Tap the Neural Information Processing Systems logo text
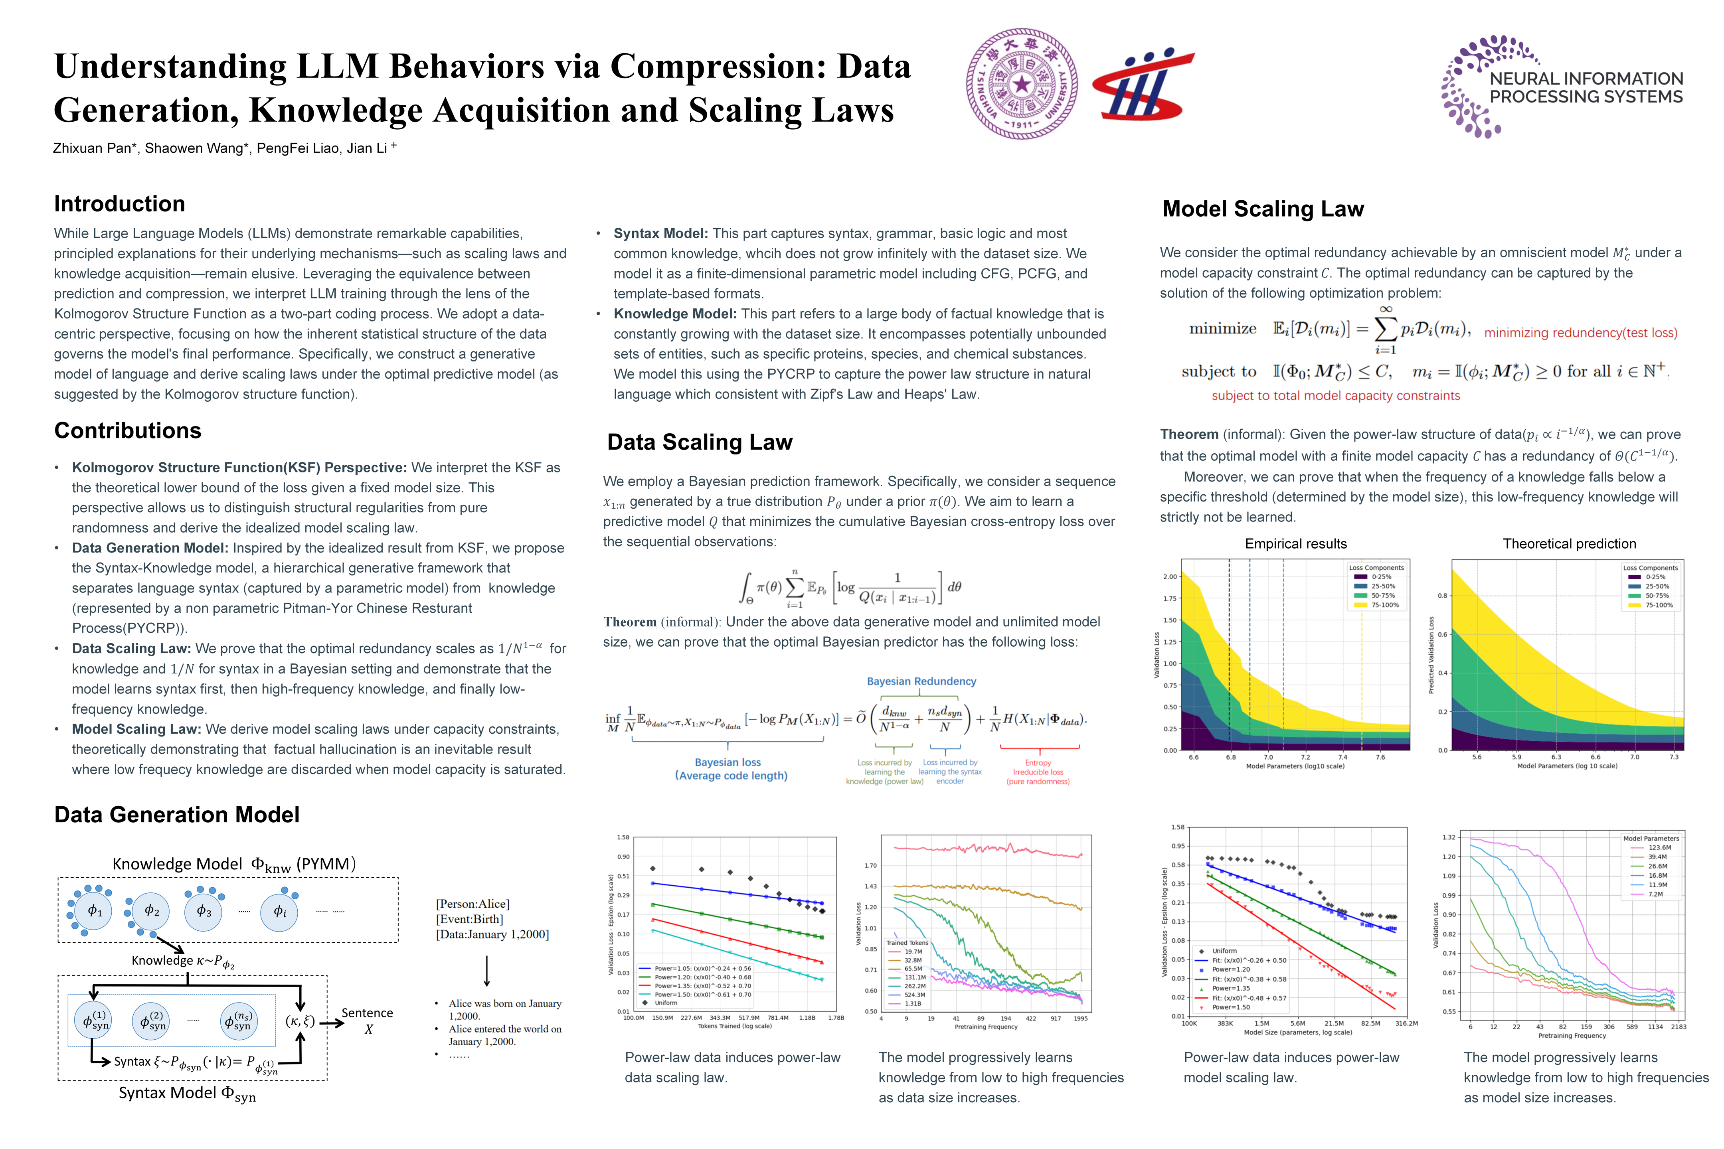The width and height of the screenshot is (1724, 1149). click(x=1586, y=88)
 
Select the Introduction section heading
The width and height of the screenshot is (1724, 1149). click(x=119, y=204)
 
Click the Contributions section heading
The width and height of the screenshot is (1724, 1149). click(x=128, y=430)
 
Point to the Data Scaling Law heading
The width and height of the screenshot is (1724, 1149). click(x=699, y=442)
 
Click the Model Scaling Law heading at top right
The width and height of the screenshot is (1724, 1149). click(x=1263, y=209)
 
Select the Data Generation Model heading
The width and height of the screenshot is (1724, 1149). click(x=177, y=814)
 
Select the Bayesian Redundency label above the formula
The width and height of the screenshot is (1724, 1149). click(x=921, y=681)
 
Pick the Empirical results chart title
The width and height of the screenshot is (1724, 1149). click(x=1295, y=544)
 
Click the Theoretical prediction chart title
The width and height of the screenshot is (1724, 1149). click(x=1569, y=544)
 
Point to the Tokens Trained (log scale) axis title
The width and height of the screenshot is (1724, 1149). click(x=734, y=1026)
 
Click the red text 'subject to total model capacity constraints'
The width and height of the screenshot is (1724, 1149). click(x=1336, y=396)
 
